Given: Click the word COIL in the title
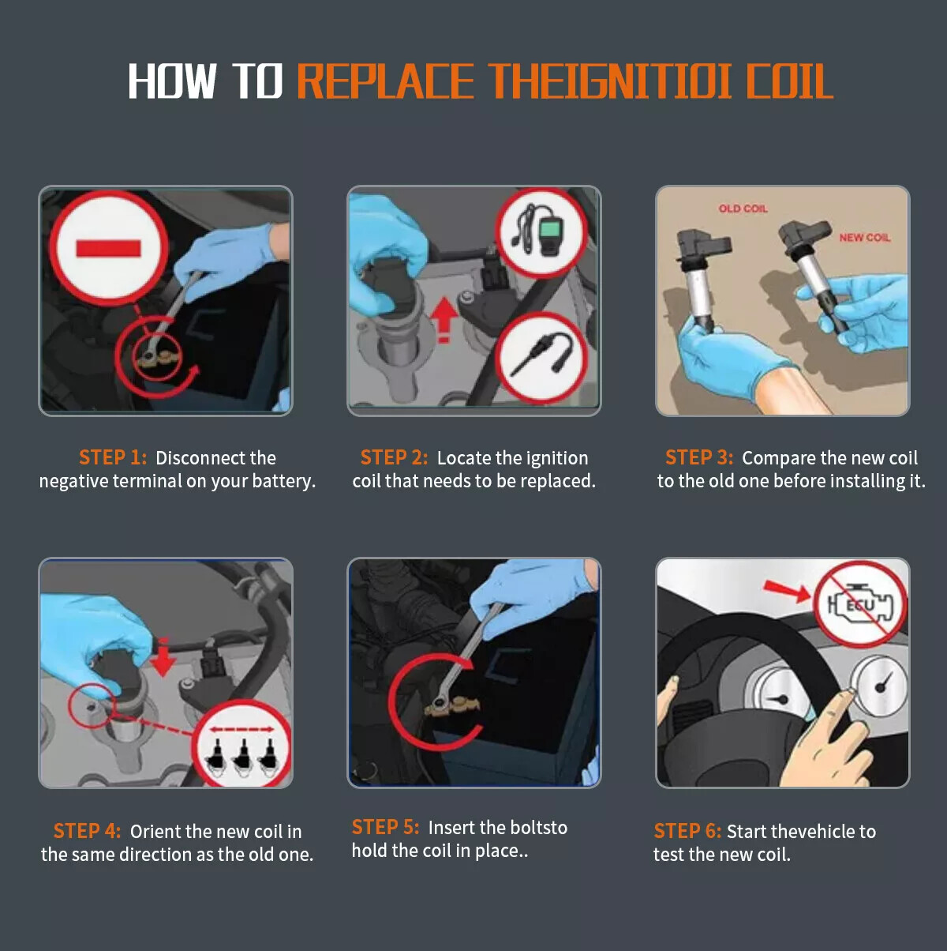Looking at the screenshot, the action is tap(790, 81).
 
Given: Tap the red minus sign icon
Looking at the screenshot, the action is tap(109, 248).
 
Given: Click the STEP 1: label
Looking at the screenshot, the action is tap(113, 457).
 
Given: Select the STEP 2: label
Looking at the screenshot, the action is tap(394, 457).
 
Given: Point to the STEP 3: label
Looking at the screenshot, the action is tap(699, 457).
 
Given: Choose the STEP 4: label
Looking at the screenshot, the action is tap(88, 831).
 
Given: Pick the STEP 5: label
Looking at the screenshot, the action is tap(386, 827).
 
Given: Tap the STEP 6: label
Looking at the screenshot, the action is tap(687, 831).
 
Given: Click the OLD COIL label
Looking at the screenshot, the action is tap(743, 209).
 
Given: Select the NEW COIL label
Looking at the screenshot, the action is tap(865, 238).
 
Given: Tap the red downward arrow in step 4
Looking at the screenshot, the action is tap(163, 656).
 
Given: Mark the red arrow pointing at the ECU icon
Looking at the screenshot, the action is tap(788, 591).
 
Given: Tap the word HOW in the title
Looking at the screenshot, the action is tap(172, 81).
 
